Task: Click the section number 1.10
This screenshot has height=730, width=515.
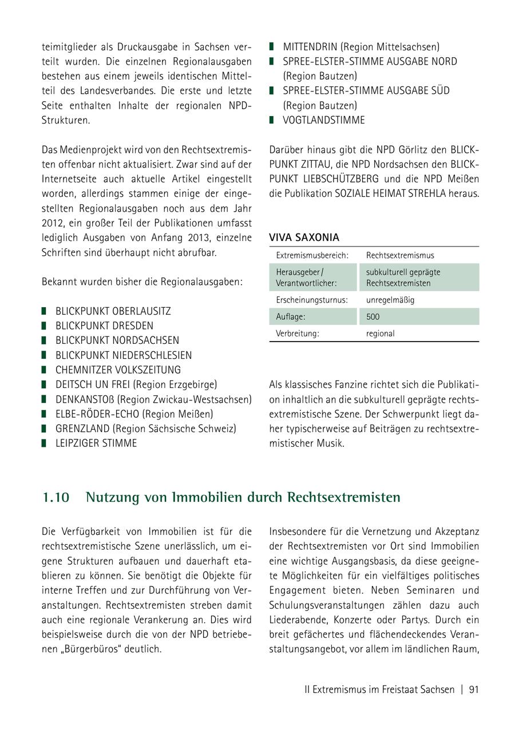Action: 56,498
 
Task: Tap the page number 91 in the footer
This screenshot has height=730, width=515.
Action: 473,689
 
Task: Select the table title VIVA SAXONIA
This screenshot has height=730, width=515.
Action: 304,237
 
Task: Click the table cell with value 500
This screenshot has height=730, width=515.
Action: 373,316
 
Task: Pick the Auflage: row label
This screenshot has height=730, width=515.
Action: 291,316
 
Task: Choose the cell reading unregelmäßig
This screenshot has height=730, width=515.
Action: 390,300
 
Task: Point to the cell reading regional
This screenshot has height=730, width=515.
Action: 380,334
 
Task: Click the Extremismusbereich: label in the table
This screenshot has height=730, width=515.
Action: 312,255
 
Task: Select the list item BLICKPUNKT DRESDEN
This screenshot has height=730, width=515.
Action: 104,326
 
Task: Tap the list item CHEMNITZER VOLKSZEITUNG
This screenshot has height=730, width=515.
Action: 118,370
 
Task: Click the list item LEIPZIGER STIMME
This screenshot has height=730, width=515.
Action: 96,443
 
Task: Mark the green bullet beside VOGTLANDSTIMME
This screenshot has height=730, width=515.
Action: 272,120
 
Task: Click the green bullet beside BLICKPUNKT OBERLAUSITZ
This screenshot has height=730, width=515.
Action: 45,311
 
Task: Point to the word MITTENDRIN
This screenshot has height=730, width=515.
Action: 310,47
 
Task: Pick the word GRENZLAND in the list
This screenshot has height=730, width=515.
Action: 82,429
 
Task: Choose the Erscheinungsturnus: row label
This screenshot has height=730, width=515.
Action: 312,300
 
